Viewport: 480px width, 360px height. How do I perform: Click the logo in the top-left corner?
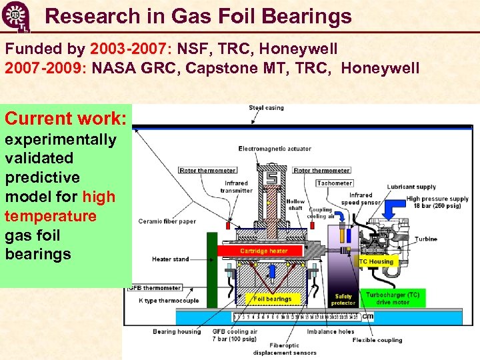pos(15,16)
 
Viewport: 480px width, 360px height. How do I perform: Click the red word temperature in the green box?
pos(51,216)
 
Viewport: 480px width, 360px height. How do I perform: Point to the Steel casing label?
pos(266,107)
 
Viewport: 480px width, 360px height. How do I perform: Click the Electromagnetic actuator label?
pos(275,149)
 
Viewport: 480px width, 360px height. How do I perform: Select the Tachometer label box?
pos(335,183)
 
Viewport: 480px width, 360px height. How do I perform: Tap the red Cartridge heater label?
pos(263,251)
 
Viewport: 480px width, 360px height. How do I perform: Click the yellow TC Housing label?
pos(376,261)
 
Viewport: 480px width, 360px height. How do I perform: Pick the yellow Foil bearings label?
pos(273,299)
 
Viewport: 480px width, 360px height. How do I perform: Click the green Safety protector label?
pos(343,299)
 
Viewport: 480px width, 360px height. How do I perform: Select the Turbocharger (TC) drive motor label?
pos(393,298)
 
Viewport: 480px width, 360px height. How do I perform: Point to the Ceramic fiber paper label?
pos(168,221)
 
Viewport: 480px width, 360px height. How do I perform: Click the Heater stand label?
pos(170,259)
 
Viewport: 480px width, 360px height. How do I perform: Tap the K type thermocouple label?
pos(168,301)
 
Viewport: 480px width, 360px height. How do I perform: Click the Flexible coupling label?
pos(377,340)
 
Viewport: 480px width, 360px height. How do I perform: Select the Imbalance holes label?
pos(330,331)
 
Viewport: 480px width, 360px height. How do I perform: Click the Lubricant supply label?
pos(411,187)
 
